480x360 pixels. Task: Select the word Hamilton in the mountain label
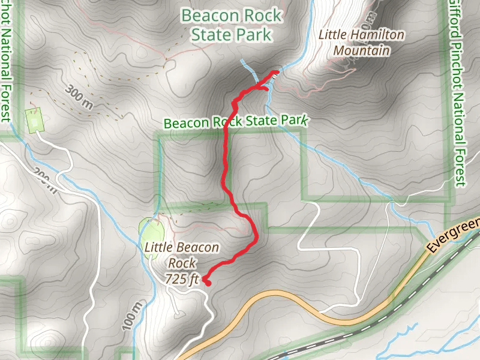pos(377,35)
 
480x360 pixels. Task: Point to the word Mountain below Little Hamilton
pos(362,50)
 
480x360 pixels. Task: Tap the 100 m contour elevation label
pos(131,316)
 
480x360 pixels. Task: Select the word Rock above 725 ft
pos(182,263)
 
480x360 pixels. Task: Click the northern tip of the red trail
pos(276,73)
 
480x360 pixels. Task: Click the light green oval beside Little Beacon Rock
pos(151,230)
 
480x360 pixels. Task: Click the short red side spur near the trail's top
pos(263,89)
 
